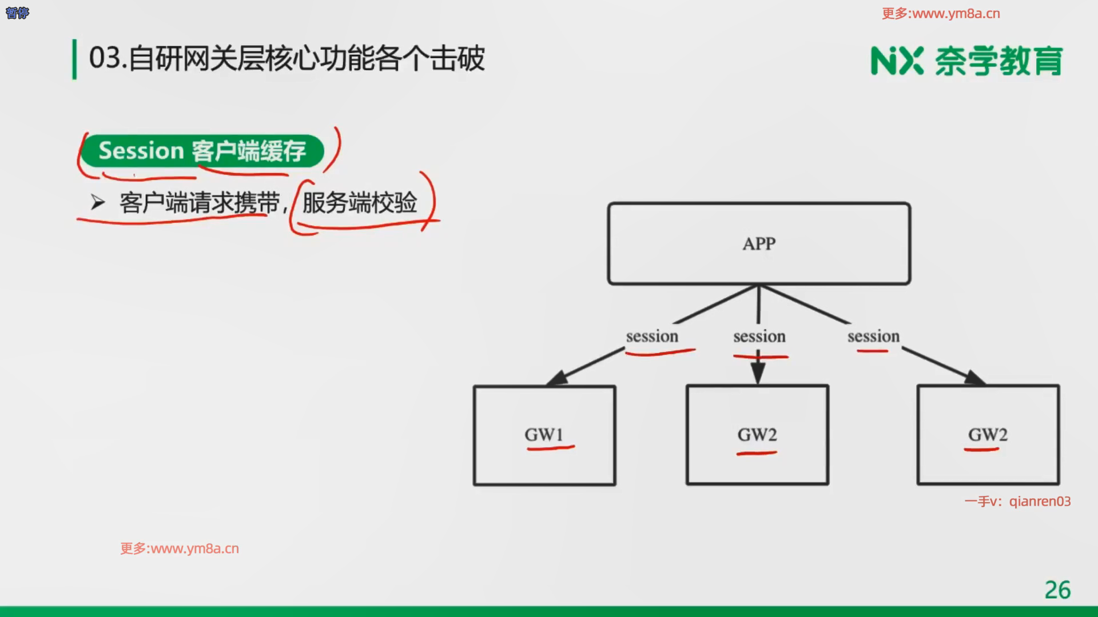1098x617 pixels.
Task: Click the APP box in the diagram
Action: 759,243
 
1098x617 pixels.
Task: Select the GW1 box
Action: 544,435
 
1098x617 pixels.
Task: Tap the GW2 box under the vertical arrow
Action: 757,435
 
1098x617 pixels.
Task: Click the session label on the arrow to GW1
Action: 652,336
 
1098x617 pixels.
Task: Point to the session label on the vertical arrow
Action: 759,336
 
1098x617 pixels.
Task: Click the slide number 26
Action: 1057,590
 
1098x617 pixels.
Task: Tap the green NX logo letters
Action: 897,61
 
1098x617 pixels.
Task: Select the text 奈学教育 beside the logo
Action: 998,61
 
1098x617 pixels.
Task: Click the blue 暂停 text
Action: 17,13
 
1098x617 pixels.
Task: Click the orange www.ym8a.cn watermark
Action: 180,548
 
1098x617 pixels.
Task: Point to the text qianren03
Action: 1040,502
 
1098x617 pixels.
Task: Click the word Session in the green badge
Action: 141,151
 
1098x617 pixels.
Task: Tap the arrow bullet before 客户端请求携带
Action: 98,202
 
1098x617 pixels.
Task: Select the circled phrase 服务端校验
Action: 360,203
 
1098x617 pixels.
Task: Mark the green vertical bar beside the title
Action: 74,59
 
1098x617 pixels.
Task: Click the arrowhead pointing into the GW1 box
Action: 556,379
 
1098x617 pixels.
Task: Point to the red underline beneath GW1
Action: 550,448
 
